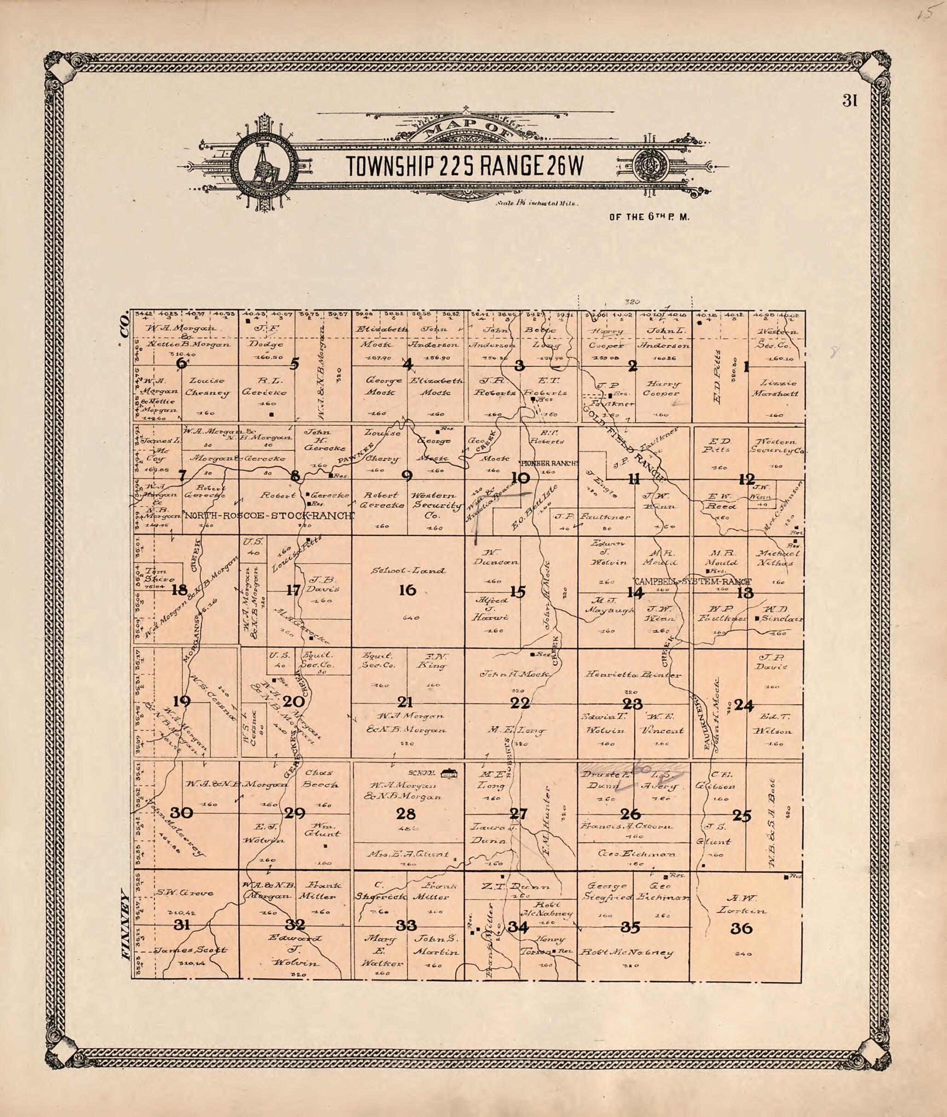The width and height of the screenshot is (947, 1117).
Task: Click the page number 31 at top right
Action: pos(850,101)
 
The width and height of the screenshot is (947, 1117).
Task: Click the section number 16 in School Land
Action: pos(407,590)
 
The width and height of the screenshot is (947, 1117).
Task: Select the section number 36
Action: pos(741,929)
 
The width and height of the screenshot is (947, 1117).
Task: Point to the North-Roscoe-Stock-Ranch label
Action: pos(269,516)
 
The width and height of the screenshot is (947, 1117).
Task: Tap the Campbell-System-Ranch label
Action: pos(693,582)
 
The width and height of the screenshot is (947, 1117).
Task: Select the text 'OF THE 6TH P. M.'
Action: pos(649,218)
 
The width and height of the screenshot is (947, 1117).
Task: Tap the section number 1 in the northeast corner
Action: pos(746,367)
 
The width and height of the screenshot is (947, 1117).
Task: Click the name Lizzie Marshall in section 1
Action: pos(778,388)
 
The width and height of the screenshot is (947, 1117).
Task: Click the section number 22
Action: pos(520,703)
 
